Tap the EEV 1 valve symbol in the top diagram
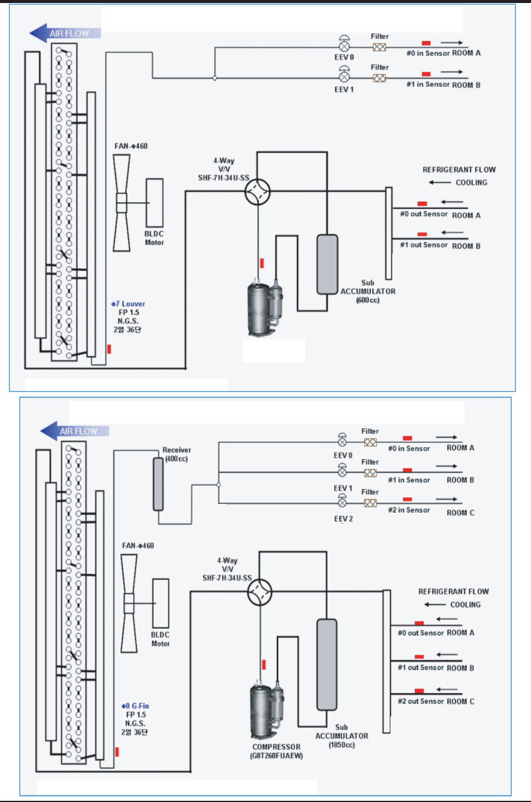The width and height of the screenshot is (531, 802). (343, 77)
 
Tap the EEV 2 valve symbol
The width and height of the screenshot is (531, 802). (342, 503)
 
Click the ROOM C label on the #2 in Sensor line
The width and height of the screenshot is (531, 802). (460, 512)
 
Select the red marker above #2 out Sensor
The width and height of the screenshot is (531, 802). (419, 691)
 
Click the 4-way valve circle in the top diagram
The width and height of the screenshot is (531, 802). (258, 192)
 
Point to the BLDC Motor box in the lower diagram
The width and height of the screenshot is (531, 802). (161, 603)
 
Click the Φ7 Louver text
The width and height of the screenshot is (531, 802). (128, 304)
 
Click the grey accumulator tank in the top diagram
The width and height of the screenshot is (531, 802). (326, 264)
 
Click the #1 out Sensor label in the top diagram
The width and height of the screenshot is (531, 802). (424, 245)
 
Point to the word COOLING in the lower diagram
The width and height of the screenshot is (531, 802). (465, 605)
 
